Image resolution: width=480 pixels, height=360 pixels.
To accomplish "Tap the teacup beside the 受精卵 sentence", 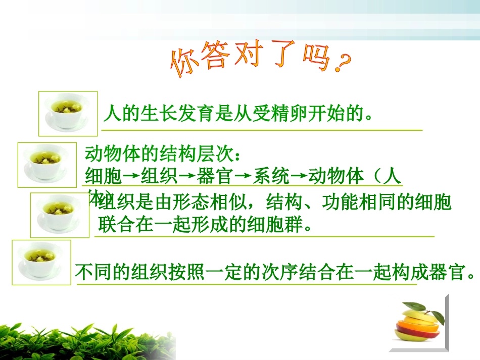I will point(68,114).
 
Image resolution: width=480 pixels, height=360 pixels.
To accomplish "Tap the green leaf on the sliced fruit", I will point(414,306).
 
